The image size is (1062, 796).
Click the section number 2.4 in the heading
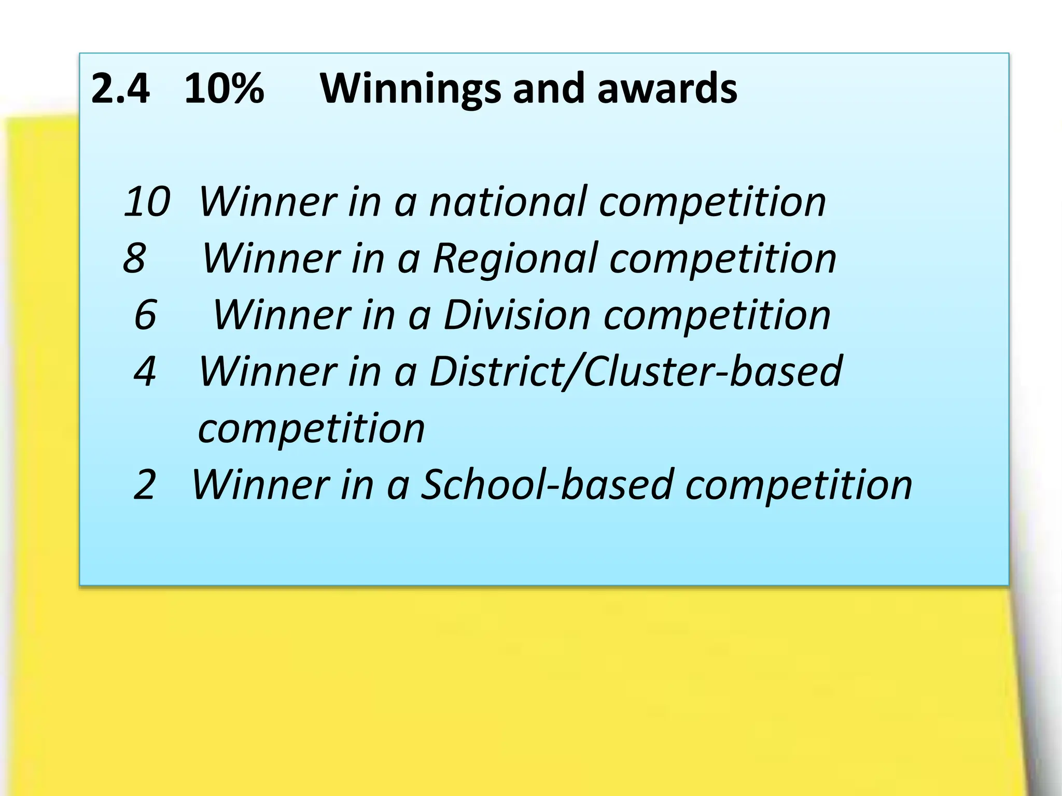pyautogui.click(x=120, y=88)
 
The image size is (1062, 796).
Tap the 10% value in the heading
pyautogui.click(x=224, y=88)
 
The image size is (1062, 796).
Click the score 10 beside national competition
pyautogui.click(x=147, y=201)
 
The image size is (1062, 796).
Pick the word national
pyautogui.click(x=508, y=201)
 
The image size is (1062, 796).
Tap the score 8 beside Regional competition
pyautogui.click(x=134, y=258)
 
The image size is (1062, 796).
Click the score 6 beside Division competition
pyautogui.click(x=145, y=314)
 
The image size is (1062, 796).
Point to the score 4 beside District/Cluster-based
pyautogui.click(x=145, y=371)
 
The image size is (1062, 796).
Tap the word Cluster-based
pyautogui.click(x=713, y=371)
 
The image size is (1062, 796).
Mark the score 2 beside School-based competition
pyautogui.click(x=145, y=485)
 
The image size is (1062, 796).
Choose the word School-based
pyautogui.click(x=547, y=485)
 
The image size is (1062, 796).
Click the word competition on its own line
pyautogui.click(x=312, y=429)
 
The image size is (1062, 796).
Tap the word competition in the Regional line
pyautogui.click(x=723, y=259)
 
